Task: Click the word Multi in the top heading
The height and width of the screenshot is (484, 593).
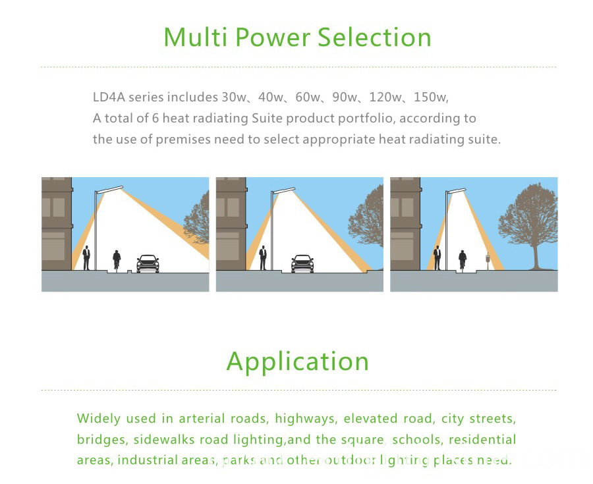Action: click(195, 37)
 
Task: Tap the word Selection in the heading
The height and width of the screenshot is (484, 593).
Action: click(374, 37)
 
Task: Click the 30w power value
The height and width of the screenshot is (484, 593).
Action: click(233, 97)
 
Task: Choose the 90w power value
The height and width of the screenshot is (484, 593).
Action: click(344, 97)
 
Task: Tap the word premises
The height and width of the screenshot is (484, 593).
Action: click(183, 140)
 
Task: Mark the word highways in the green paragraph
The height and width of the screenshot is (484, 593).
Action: click(304, 419)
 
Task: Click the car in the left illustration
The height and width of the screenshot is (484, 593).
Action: click(148, 263)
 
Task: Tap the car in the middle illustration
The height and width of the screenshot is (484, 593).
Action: click(302, 263)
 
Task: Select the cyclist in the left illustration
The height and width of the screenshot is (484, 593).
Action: click(117, 260)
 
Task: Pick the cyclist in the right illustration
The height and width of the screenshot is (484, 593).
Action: click(462, 260)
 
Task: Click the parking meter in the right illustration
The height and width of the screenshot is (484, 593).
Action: click(488, 261)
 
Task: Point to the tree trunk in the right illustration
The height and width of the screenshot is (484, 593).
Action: click(536, 255)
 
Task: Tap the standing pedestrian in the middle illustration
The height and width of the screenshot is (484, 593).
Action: click(263, 257)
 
